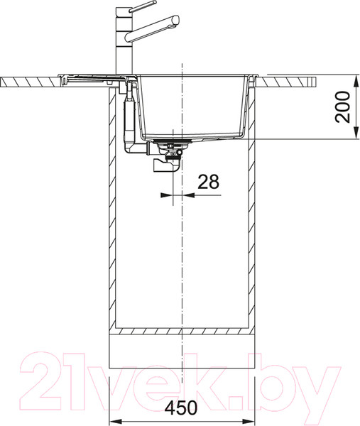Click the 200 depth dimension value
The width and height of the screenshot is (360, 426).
(344, 106)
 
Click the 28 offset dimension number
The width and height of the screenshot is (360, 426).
(207, 182)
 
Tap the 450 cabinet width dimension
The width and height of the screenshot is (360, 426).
(182, 410)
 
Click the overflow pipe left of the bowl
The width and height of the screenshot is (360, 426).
(129, 117)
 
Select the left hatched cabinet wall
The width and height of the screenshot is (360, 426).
(112, 213)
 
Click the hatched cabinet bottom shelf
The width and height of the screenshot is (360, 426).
(181, 331)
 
